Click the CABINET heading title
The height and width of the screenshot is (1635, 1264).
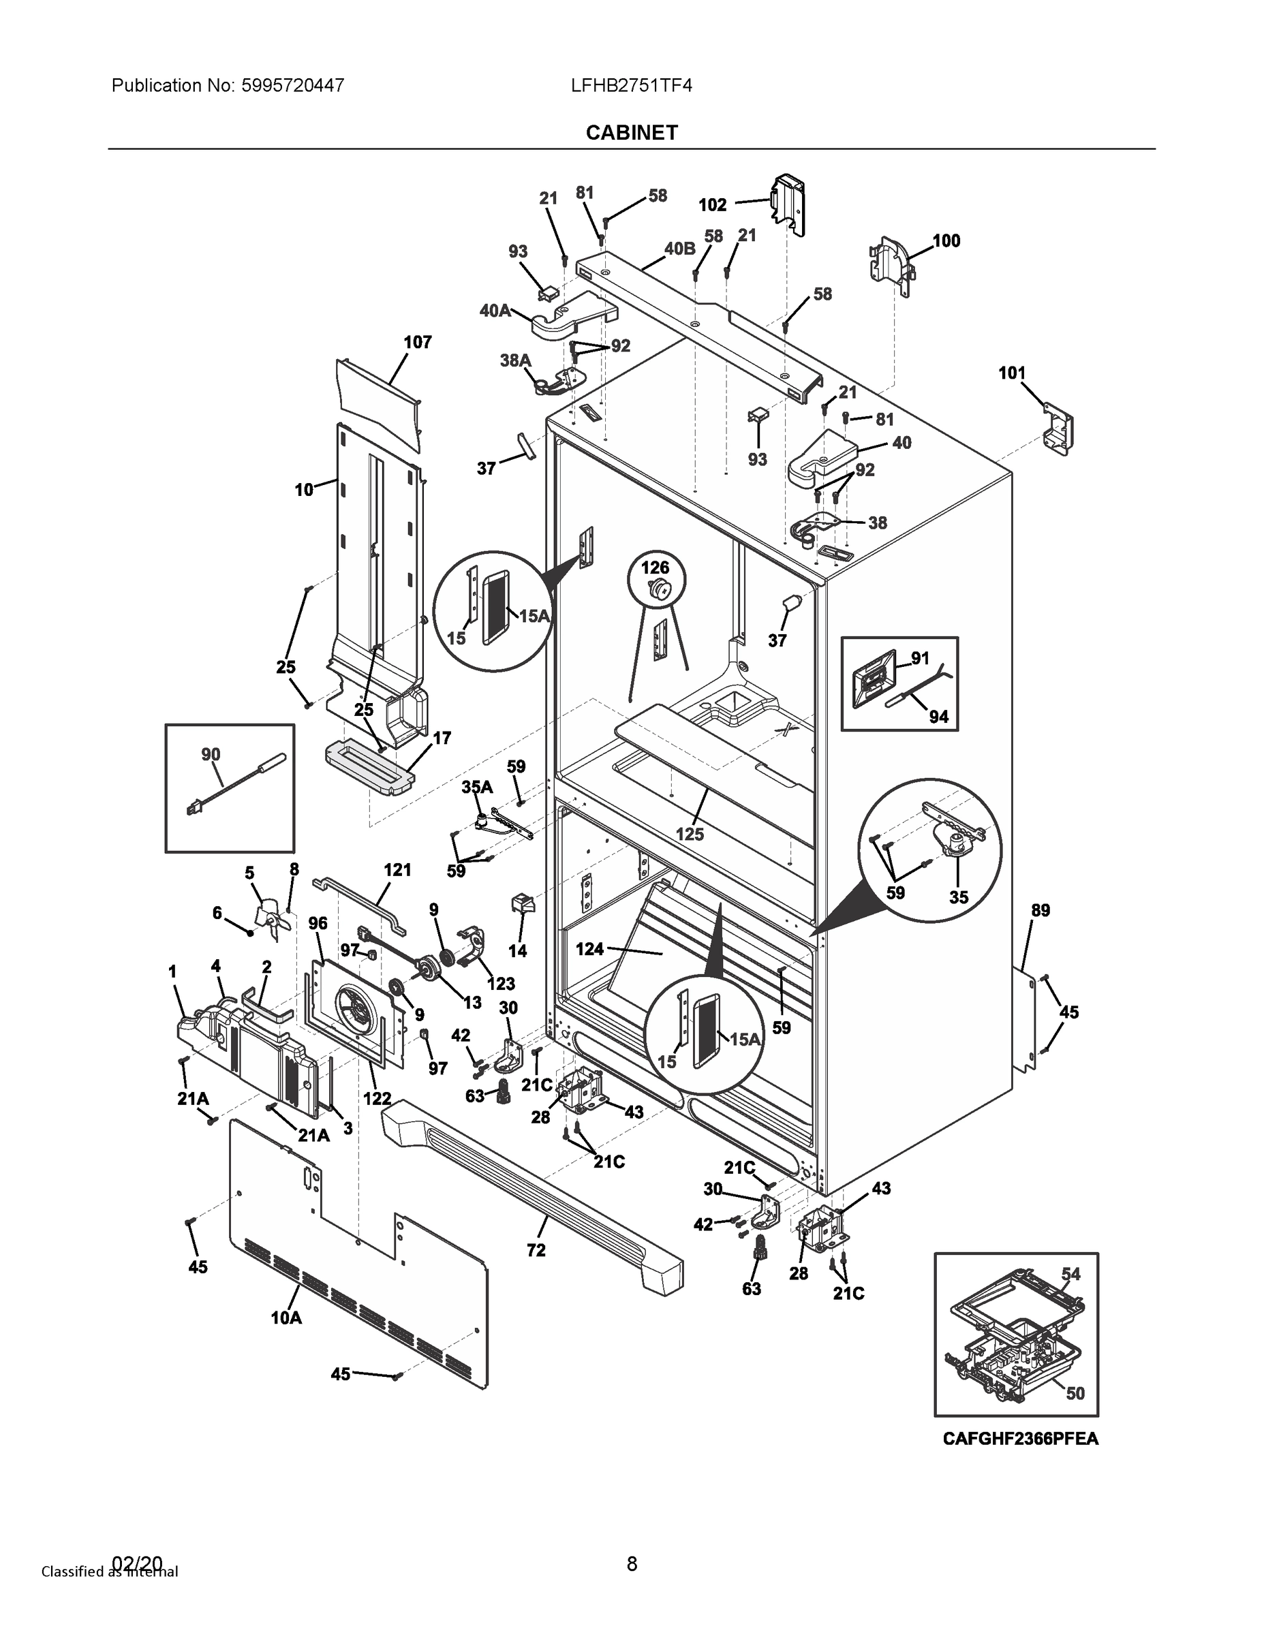tap(631, 133)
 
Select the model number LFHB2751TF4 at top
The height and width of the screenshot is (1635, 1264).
tap(630, 86)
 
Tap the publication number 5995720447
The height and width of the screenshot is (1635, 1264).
tap(293, 86)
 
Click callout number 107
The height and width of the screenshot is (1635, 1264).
tap(417, 342)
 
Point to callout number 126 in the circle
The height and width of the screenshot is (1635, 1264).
tap(654, 567)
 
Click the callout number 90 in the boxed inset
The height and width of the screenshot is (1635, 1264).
tap(211, 754)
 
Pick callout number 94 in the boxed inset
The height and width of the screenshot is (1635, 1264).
tap(938, 717)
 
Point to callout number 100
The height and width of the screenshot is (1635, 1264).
tap(946, 240)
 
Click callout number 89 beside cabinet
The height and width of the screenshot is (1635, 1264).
tap(1040, 910)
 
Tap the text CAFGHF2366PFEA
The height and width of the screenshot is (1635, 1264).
tap(1020, 1438)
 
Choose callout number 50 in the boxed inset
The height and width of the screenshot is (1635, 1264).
tap(1075, 1392)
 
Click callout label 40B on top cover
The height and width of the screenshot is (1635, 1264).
tap(679, 249)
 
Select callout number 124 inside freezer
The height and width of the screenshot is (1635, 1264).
tap(589, 949)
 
